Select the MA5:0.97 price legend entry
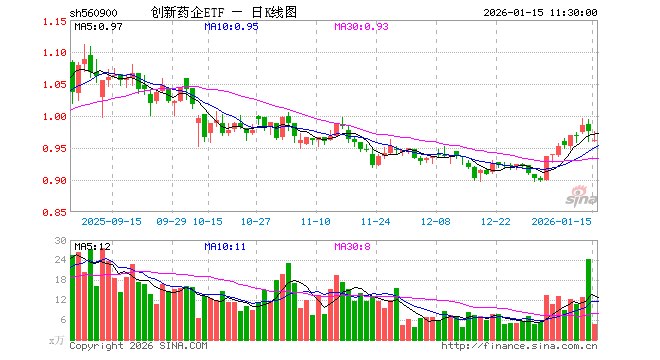(98, 27)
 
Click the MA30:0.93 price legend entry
(361, 27)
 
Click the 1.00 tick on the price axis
(55, 116)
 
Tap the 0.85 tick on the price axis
(55, 212)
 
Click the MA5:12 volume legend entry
(92, 246)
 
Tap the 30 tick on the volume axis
(60, 242)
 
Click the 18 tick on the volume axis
(60, 281)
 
